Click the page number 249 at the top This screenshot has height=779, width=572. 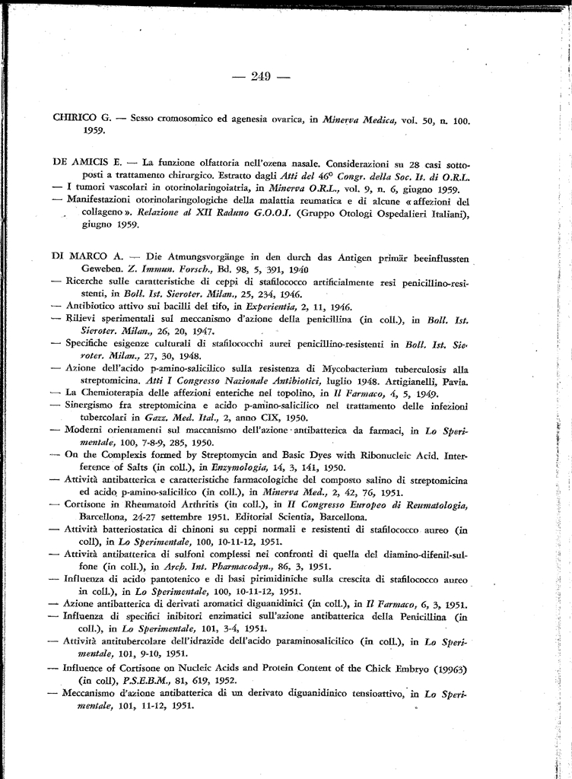coord(261,76)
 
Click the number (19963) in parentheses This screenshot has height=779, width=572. coord(444,669)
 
